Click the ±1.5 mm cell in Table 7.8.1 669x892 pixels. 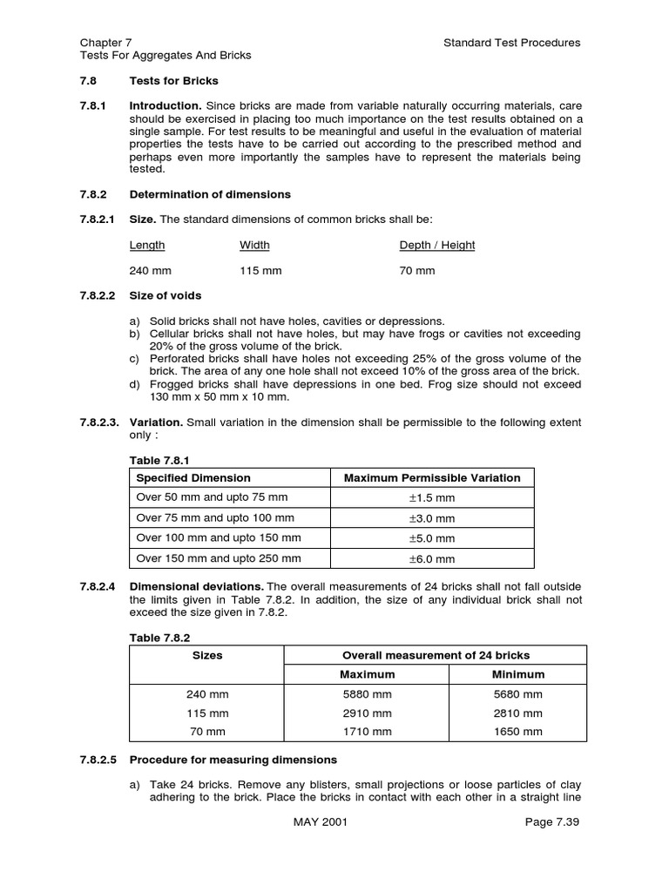pyautogui.click(x=432, y=498)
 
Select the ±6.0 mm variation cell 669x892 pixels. pyautogui.click(x=432, y=559)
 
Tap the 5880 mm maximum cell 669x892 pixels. pyautogui.click(x=367, y=694)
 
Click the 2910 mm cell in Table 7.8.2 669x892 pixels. pyautogui.click(x=367, y=713)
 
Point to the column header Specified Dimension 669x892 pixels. pyautogui.click(x=194, y=477)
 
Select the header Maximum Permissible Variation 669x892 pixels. pyautogui.click(x=432, y=477)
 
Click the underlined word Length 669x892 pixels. pyautogui.click(x=147, y=245)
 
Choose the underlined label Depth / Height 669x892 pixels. pyautogui.click(x=437, y=245)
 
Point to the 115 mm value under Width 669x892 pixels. pyautogui.click(x=260, y=271)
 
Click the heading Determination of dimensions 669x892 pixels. pyautogui.click(x=210, y=194)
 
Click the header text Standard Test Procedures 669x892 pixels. pyautogui.click(x=511, y=42)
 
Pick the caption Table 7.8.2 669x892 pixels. pyautogui.click(x=158, y=638)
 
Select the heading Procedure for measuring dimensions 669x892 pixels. pyautogui.click(x=233, y=760)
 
